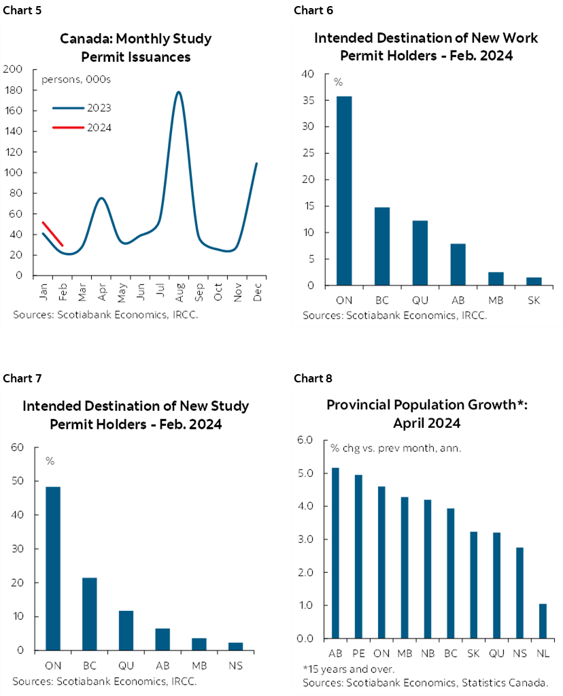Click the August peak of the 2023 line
178,93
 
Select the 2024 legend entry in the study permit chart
99,127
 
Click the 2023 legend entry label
99,107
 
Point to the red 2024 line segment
52,233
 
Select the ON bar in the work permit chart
344,190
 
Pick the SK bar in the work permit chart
533,281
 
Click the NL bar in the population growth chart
542,620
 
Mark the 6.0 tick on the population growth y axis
305,440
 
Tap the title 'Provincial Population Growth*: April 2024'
426,414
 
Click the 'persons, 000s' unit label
76,80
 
